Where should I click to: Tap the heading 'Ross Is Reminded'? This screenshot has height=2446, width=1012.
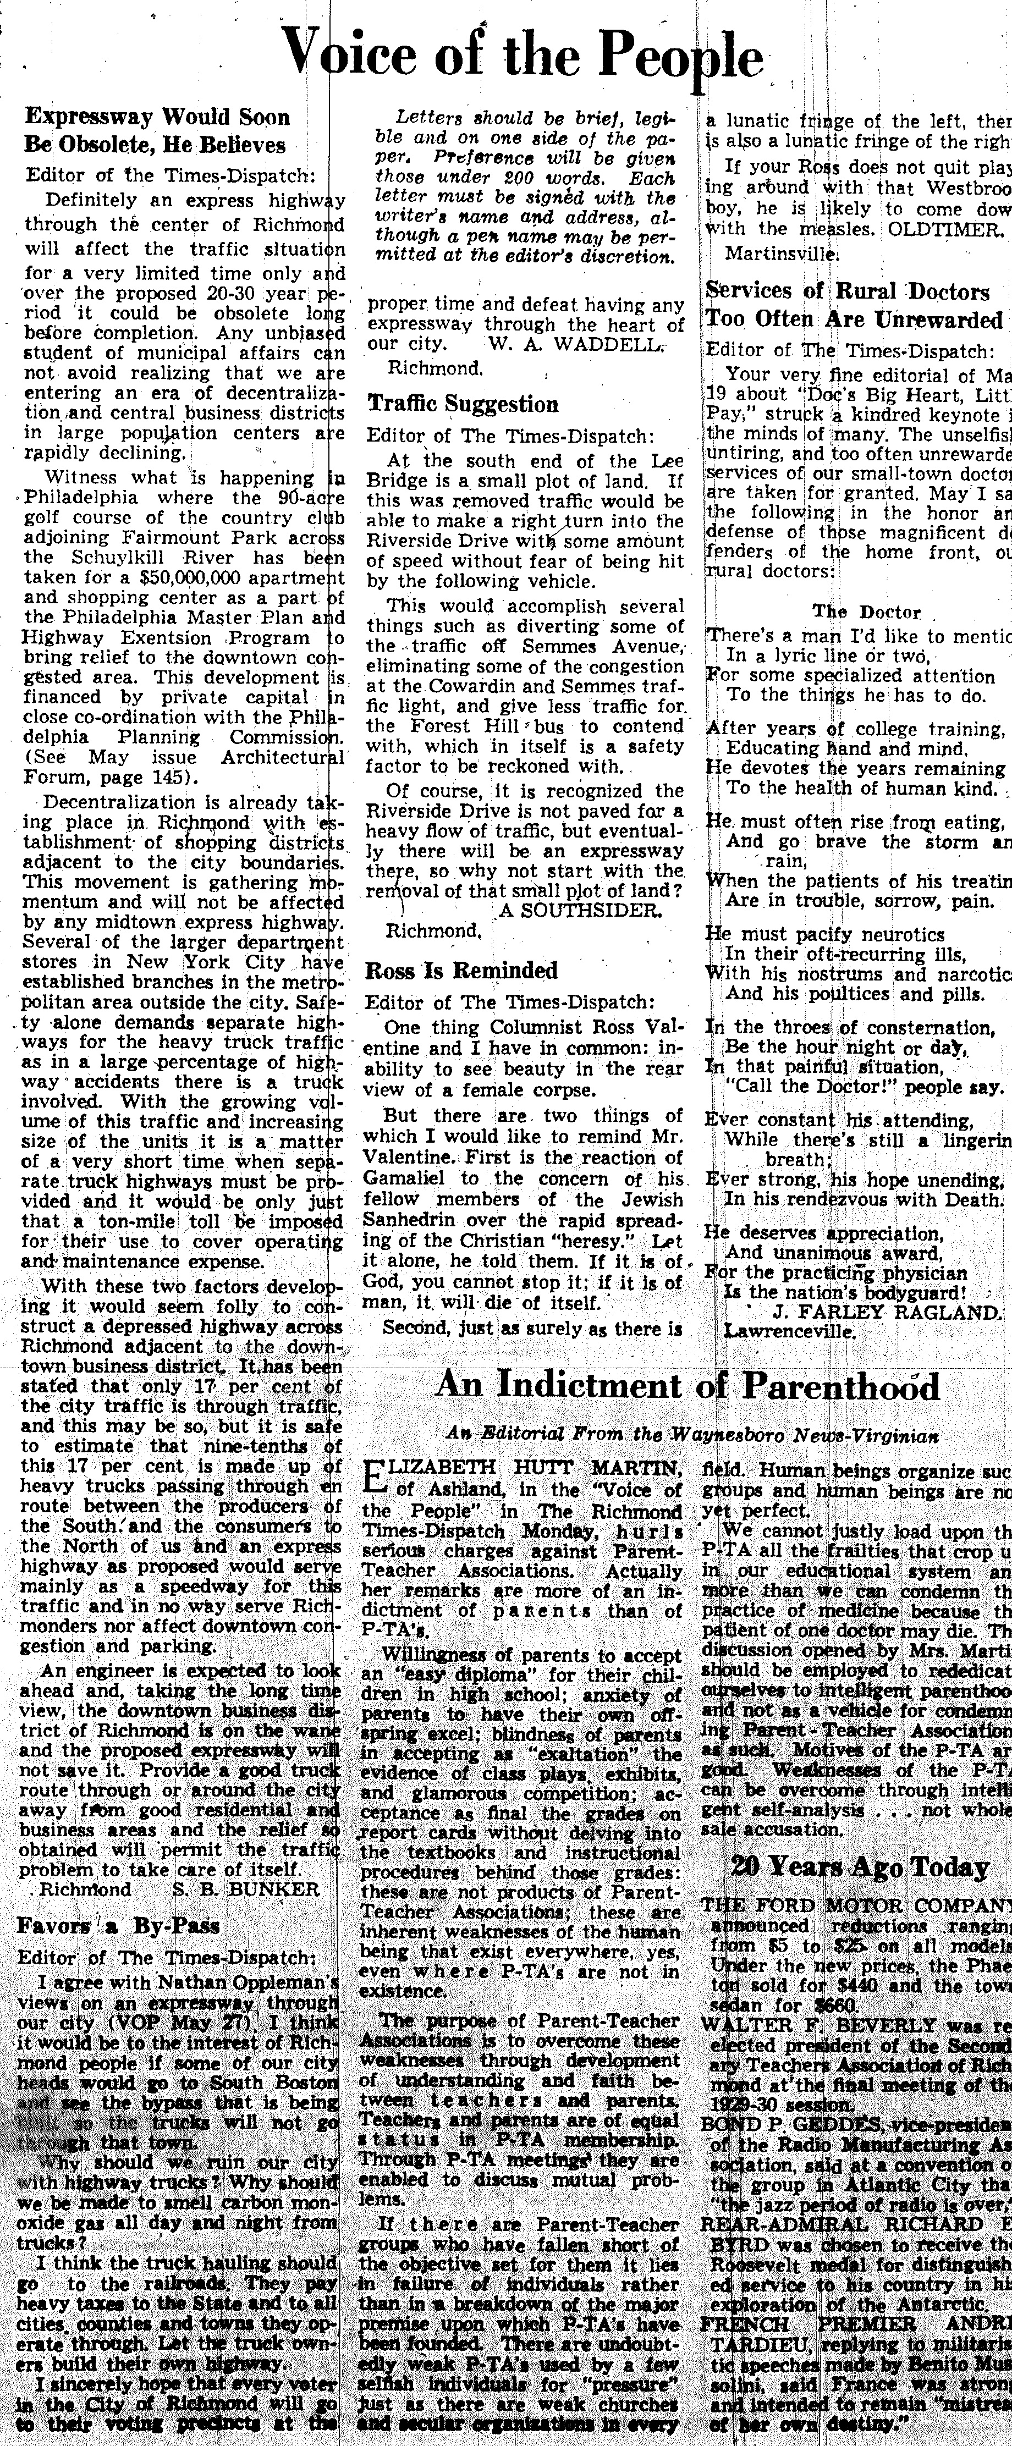[461, 971]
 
